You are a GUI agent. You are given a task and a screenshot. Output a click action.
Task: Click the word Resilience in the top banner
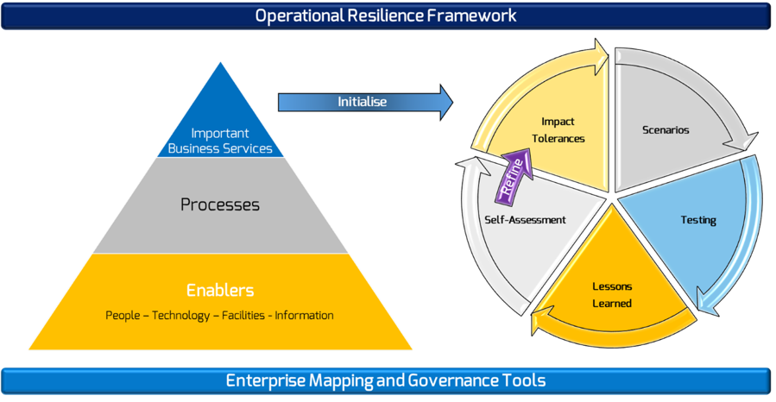[x=386, y=16]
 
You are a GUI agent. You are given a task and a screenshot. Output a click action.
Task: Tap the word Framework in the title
[x=471, y=16]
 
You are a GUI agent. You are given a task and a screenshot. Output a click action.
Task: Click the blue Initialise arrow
[x=365, y=103]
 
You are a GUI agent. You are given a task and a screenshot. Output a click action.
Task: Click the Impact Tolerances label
[x=558, y=130]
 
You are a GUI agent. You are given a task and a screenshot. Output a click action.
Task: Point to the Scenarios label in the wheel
[x=666, y=130]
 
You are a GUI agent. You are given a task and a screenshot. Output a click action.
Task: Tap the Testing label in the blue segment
[x=698, y=220]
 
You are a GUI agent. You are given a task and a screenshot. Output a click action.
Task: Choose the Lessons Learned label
[x=612, y=295]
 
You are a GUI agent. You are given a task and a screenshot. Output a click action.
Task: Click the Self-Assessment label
[x=525, y=220]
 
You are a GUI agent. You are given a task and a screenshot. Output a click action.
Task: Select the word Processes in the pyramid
[x=220, y=204]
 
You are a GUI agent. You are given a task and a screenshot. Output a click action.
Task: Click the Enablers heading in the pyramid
[x=220, y=290]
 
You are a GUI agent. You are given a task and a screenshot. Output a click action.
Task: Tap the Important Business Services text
[x=220, y=141]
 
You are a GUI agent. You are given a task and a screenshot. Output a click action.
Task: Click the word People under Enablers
[x=123, y=316]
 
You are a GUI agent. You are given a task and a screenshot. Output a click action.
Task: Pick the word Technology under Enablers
[x=180, y=316]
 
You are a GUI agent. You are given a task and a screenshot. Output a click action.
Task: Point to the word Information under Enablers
[x=304, y=316]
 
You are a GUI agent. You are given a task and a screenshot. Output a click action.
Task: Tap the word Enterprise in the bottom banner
[x=266, y=380]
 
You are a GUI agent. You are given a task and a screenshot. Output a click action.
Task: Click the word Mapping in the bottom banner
[x=341, y=380]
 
